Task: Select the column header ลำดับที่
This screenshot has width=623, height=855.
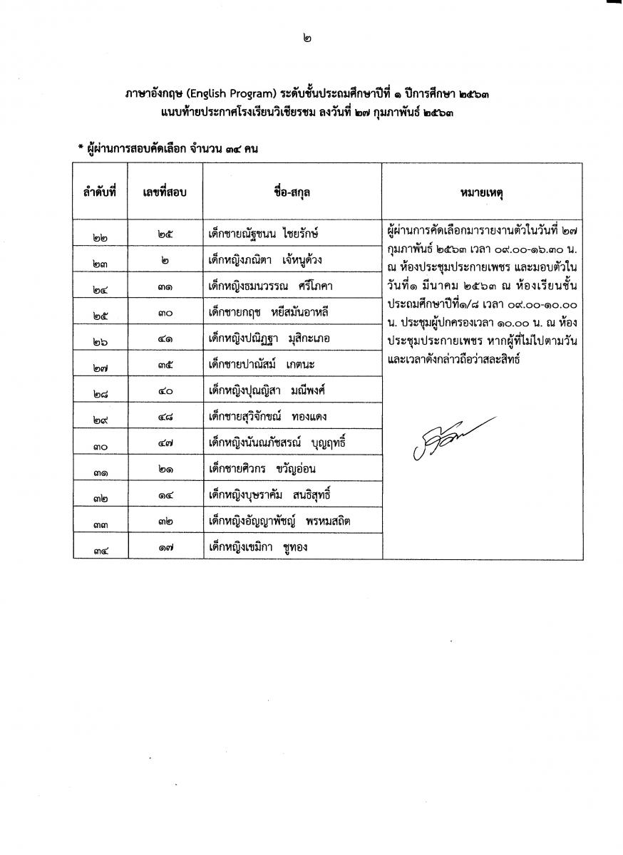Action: click(x=98, y=192)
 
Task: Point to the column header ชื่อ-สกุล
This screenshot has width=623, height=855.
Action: click(x=292, y=192)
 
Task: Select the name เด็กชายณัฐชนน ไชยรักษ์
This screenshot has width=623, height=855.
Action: click(x=263, y=233)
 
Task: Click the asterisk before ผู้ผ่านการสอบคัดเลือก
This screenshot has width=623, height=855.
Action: click(x=81, y=148)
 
